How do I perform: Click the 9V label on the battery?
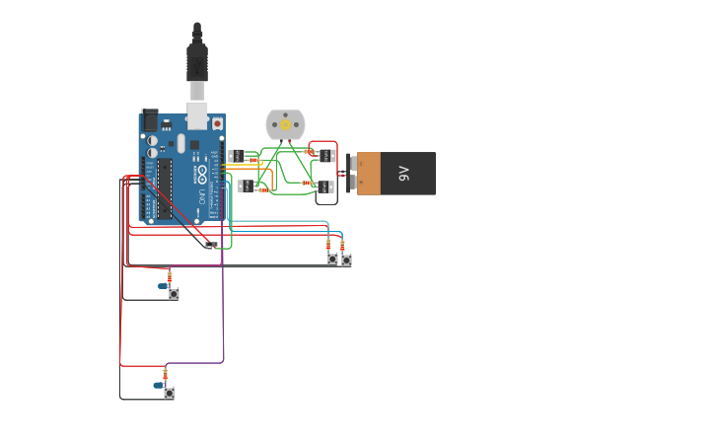point(403,174)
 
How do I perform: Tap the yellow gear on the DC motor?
point(286,125)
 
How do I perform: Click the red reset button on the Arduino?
point(217,123)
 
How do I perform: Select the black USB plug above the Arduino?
point(197,61)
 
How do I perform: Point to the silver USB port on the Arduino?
point(197,117)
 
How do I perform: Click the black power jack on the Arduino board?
point(150,119)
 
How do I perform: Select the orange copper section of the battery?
point(367,174)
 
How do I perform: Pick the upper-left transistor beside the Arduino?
point(236,156)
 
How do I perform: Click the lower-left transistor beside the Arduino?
point(242,186)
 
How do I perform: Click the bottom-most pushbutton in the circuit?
point(169,393)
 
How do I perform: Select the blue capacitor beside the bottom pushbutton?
point(159,386)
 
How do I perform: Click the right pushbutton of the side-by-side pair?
point(346,260)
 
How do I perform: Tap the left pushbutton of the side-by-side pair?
point(332,259)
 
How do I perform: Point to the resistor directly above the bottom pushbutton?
point(166,373)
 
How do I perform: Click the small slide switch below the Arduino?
point(210,245)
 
